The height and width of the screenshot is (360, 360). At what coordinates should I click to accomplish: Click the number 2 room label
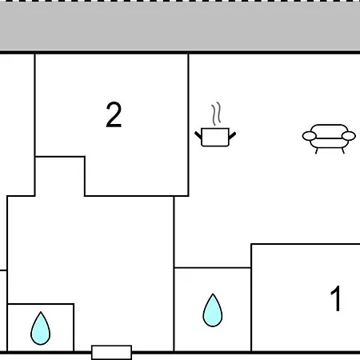(114, 114)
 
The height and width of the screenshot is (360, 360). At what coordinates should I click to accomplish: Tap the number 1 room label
(336, 298)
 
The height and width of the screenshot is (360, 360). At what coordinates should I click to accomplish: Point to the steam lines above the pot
(217, 114)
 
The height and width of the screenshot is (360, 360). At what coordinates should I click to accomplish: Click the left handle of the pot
(198, 135)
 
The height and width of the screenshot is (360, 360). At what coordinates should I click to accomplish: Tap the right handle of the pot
(232, 135)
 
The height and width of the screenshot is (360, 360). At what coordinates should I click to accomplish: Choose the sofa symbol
(329, 138)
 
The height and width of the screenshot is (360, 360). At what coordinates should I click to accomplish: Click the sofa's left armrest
(310, 136)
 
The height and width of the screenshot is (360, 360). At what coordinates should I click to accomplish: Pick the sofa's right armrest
(349, 136)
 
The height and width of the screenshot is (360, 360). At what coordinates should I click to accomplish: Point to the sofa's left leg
(317, 151)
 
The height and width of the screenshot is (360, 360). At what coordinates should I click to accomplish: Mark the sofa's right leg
(343, 151)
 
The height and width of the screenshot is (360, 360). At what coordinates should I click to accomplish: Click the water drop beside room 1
(213, 310)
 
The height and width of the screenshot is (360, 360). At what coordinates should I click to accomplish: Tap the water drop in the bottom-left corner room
(41, 328)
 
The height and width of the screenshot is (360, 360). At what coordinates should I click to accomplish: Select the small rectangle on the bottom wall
(111, 353)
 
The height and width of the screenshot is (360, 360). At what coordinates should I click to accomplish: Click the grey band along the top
(180, 26)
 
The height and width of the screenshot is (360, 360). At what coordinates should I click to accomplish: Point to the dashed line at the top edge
(180, 1)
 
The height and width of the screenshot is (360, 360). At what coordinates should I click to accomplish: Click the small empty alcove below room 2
(60, 177)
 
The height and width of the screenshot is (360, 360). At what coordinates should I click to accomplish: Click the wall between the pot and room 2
(188, 125)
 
